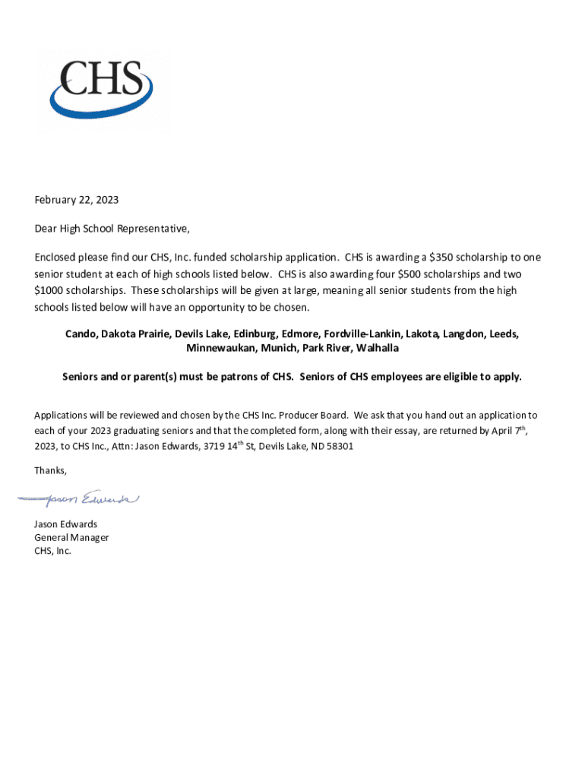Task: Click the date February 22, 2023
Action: click(77, 200)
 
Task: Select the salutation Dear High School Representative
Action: click(112, 228)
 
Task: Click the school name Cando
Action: click(81, 334)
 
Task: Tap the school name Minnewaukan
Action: click(218, 347)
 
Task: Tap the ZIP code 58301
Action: click(339, 446)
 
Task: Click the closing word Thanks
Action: click(50, 470)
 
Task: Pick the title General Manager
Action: click(71, 537)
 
